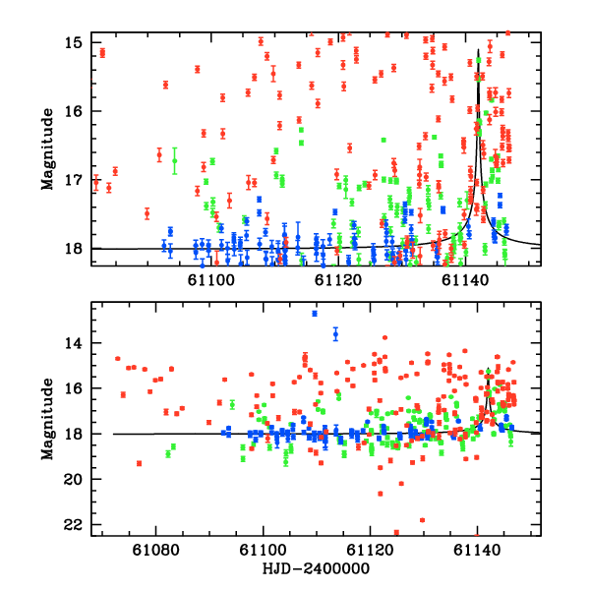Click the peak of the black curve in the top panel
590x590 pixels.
(x=478, y=50)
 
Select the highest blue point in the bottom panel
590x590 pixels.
(x=315, y=313)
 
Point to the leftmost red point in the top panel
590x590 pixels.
(x=96, y=182)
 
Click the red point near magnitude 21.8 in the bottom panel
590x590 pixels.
(x=423, y=520)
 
